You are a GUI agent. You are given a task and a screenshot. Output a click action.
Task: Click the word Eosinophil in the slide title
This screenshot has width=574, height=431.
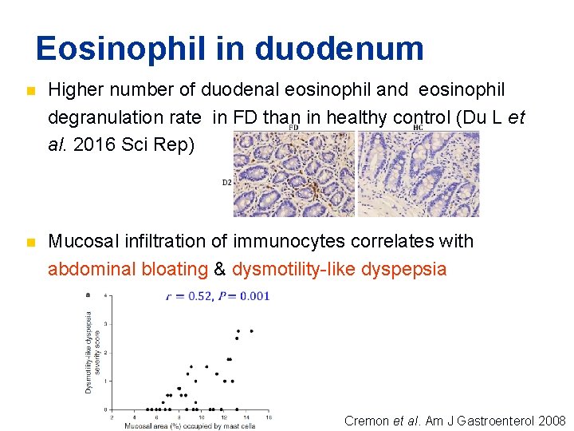pos(119,49)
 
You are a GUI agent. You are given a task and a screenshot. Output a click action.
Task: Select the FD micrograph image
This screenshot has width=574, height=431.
pos(293,174)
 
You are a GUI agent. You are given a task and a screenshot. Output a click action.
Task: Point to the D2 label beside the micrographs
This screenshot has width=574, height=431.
pos(227,182)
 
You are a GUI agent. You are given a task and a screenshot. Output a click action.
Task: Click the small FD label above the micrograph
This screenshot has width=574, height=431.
pos(293,127)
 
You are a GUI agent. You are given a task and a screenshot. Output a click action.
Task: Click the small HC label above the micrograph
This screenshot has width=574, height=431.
pos(418,127)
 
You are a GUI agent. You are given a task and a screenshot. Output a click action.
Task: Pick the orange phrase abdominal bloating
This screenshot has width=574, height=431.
pos(128,269)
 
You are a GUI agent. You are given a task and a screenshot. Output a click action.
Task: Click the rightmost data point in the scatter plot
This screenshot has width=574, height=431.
pos(252,330)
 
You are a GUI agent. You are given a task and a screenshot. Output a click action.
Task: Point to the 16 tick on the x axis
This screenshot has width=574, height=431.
pos(268,417)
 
